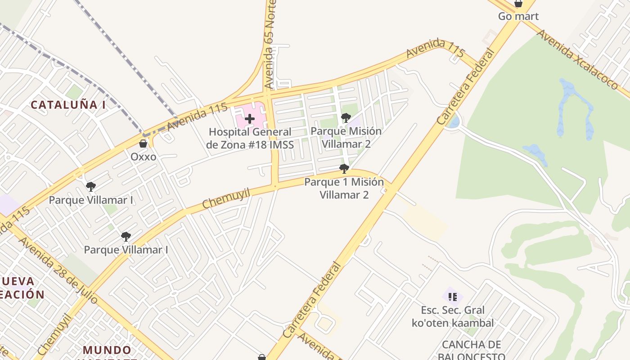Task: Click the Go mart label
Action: pyautogui.click(x=518, y=16)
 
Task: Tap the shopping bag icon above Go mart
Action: pyautogui.click(x=518, y=4)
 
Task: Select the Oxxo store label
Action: pyautogui.click(x=143, y=157)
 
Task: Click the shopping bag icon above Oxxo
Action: pyautogui.click(x=143, y=144)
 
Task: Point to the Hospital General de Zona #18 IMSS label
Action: pyautogui.click(x=250, y=138)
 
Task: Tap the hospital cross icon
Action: pyautogui.click(x=250, y=119)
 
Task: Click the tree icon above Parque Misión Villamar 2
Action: pyautogui.click(x=346, y=118)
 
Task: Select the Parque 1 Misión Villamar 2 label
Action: pyautogui.click(x=344, y=188)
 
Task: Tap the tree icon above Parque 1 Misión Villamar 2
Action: pyautogui.click(x=344, y=169)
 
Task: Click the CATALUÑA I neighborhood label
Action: pyautogui.click(x=68, y=105)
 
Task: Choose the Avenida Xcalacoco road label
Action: pyautogui.click(x=578, y=59)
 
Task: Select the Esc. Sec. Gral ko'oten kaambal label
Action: pyautogui.click(x=453, y=316)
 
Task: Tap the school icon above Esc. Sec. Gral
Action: pyautogui.click(x=453, y=297)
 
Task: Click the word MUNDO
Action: pyautogui.click(x=107, y=350)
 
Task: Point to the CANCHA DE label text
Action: pyautogui.click(x=471, y=345)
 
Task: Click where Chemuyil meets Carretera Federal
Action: pyautogui.click(x=387, y=184)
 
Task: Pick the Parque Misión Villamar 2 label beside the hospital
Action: pyautogui.click(x=346, y=137)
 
